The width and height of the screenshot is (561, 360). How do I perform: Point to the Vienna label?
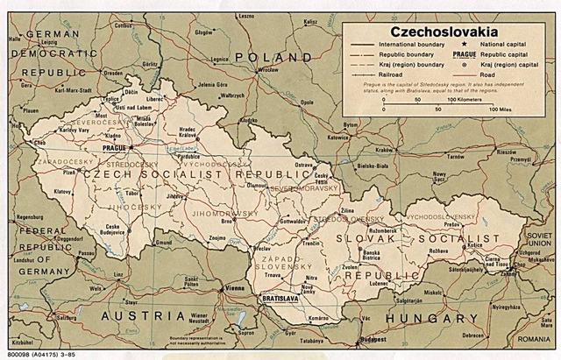(x=235, y=288)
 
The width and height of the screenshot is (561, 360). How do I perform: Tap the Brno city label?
(x=226, y=222)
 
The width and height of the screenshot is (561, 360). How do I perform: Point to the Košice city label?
(x=501, y=246)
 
